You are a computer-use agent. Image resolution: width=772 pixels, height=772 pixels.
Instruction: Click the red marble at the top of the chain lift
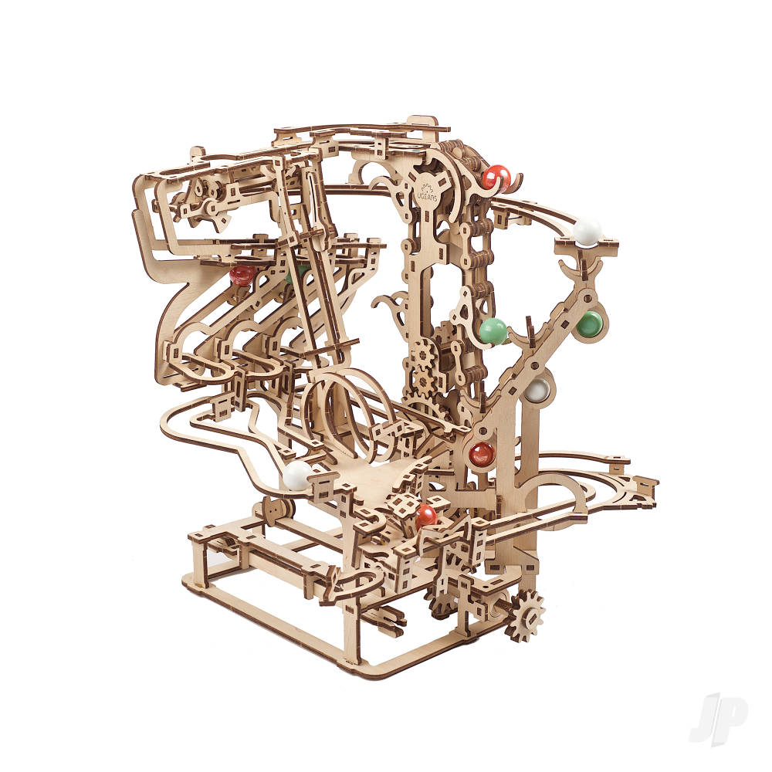(x=496, y=177)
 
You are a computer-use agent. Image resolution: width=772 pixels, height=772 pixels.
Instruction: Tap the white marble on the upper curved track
(x=587, y=232)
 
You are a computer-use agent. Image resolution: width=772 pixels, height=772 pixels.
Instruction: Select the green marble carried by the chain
(x=493, y=330)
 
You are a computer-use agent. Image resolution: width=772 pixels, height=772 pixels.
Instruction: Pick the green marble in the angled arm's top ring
(x=591, y=323)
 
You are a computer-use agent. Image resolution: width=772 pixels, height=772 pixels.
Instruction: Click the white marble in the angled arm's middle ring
(x=537, y=390)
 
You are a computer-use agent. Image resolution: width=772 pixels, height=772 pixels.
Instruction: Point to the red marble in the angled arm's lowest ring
(x=482, y=453)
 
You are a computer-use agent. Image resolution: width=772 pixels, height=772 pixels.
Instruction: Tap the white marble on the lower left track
(x=297, y=475)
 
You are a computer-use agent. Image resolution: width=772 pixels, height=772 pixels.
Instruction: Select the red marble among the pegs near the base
(x=425, y=516)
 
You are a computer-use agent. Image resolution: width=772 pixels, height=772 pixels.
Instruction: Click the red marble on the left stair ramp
(x=242, y=275)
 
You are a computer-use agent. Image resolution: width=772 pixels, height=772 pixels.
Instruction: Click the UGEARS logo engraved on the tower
(x=427, y=188)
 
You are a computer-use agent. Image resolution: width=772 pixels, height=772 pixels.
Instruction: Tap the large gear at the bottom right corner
(x=525, y=615)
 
